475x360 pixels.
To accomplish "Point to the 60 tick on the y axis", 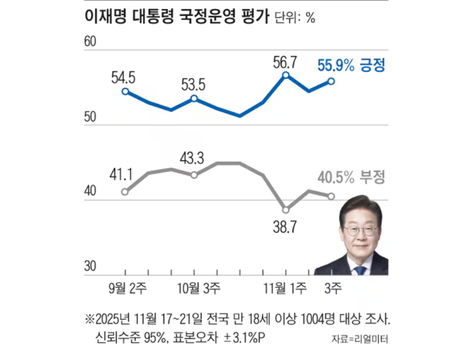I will click(93, 44).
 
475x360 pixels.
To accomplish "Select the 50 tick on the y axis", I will click(93, 118).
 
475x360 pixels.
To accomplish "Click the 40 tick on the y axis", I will click(93, 192).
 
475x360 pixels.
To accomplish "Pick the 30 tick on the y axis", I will click(93, 266).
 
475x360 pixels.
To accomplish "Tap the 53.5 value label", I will click(193, 82).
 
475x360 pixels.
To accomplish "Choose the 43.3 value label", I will click(193, 157).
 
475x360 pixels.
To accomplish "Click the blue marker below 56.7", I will click(286, 76).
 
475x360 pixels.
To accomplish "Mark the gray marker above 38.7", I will click(285, 209).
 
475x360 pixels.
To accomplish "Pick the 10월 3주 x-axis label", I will click(196, 287).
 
